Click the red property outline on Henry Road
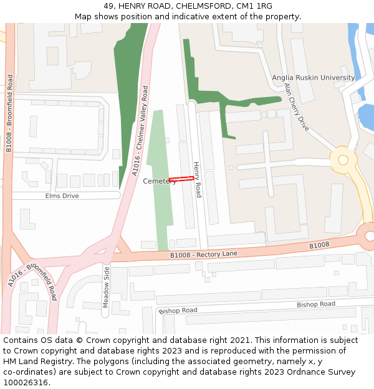coord(181,179)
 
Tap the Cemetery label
coord(160,181)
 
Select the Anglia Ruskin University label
coord(313,78)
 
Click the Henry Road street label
coord(197,180)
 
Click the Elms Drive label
coord(62,196)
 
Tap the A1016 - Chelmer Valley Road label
coord(141,131)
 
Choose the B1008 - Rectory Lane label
coord(204,255)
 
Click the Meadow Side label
coord(106,287)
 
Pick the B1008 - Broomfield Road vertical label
coord(9,113)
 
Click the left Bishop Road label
coord(178,311)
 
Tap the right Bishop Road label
coord(315,304)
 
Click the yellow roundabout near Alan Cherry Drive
coord(343,160)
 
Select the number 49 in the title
coord(108,6)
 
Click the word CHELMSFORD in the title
coord(196,6)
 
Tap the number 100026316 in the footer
coord(25,383)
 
